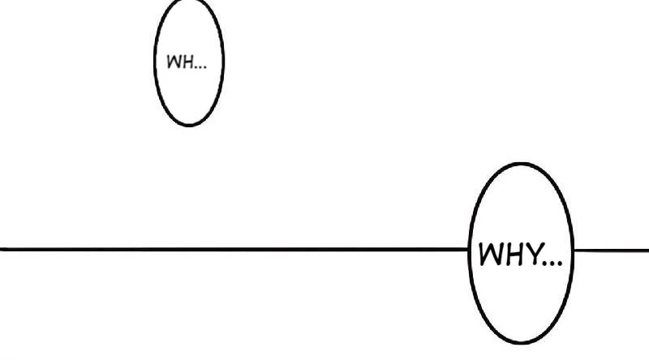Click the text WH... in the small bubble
tap(186, 62)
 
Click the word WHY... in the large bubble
tap(520, 255)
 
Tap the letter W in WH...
tap(173, 62)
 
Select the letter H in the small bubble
tap(187, 62)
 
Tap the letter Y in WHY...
tap(534, 255)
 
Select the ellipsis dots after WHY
tap(552, 264)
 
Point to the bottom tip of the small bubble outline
tap(188, 125)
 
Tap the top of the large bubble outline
tap(521, 164)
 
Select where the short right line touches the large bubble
tap(573, 250)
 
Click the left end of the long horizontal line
tap(2, 249)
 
